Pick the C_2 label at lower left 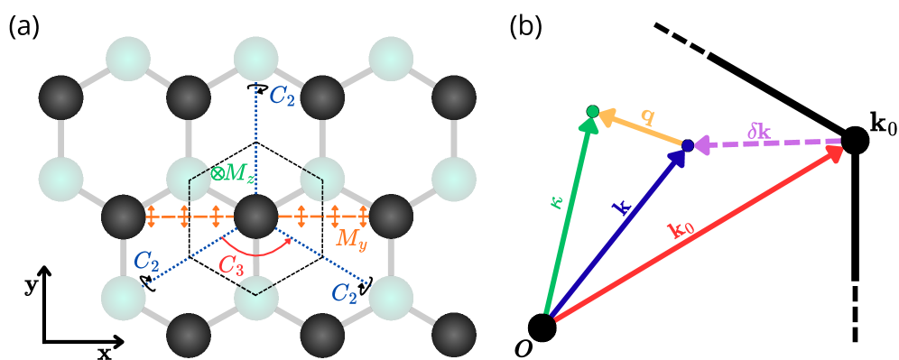click(147, 263)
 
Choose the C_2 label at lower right click(342, 292)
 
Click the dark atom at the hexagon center click(255, 219)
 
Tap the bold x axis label click(104, 353)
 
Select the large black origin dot click(542, 327)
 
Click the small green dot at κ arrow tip click(591, 111)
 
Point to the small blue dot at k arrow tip click(687, 145)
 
